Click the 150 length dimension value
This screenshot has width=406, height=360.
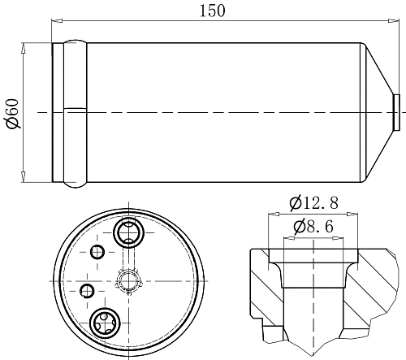213,11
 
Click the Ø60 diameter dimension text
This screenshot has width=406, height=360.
13,114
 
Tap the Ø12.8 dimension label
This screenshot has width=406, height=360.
313,203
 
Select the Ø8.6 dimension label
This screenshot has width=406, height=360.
313,227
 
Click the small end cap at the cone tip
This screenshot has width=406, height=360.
396,112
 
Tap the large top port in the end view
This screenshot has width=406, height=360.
128,232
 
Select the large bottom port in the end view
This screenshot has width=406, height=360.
105,323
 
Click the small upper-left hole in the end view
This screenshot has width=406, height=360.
97,252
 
